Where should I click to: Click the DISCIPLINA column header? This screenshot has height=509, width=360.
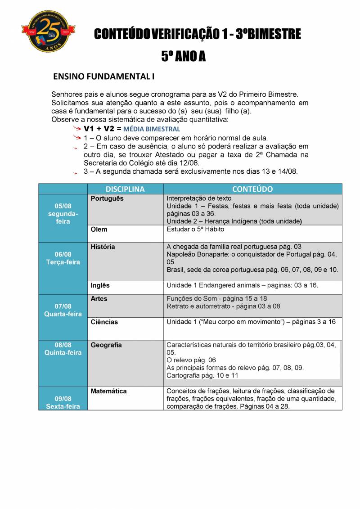(x=125, y=189)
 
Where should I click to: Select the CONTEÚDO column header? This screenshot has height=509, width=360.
(x=252, y=189)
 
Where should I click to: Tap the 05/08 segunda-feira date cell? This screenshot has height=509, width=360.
(x=63, y=214)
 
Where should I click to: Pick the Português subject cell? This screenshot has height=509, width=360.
(x=107, y=198)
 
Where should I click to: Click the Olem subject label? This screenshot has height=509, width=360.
(x=99, y=230)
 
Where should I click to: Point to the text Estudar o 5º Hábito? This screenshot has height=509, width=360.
(x=195, y=230)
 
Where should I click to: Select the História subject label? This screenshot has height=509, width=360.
(x=103, y=247)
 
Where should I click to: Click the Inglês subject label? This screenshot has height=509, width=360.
(x=100, y=285)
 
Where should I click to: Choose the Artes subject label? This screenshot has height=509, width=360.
(x=99, y=299)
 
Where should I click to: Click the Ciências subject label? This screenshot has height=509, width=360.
(x=104, y=322)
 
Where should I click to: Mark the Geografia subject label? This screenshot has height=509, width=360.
(x=106, y=345)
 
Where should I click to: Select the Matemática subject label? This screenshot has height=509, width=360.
(x=108, y=392)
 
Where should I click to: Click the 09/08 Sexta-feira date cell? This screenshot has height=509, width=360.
(x=63, y=402)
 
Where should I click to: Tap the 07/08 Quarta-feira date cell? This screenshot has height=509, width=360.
(x=63, y=310)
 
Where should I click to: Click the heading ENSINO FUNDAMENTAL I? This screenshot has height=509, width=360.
(x=103, y=77)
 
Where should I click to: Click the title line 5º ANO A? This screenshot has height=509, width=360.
(x=183, y=56)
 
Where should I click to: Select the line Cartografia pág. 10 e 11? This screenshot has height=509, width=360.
(x=202, y=375)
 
